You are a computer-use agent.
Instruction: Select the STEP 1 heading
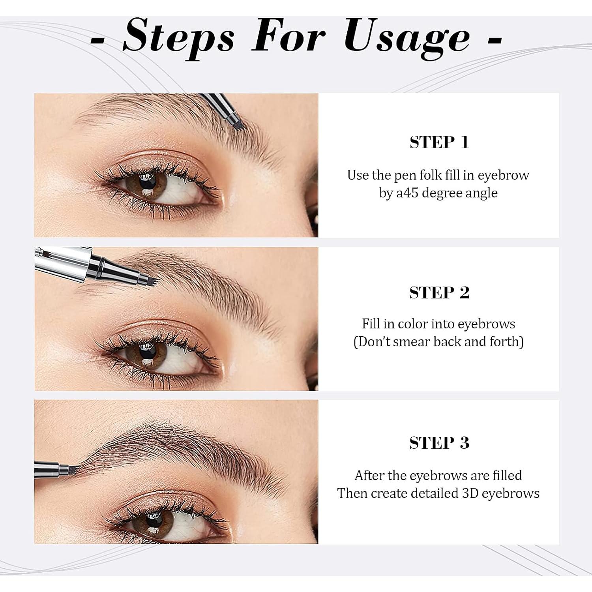(439, 142)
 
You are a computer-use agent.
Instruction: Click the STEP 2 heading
(439, 293)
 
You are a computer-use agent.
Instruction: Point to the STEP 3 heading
(439, 443)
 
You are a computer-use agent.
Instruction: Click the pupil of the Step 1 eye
(149, 182)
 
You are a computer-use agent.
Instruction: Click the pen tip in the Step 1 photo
(240, 125)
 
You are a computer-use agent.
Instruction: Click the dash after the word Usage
(495, 39)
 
